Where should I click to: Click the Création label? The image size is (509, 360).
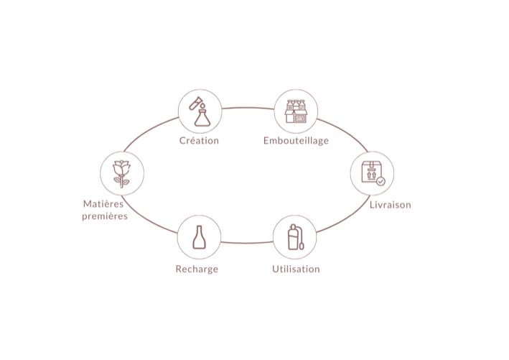click(199, 140)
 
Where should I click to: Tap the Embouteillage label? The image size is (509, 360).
click(296, 141)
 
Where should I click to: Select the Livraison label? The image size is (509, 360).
click(391, 205)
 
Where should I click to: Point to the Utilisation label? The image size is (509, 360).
click(296, 269)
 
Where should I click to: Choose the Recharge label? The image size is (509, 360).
click(197, 269)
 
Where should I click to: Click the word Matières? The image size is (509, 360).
click(103, 204)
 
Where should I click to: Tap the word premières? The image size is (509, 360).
click(105, 216)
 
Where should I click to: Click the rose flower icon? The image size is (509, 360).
click(122, 173)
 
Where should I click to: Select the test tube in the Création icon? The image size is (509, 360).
click(195, 103)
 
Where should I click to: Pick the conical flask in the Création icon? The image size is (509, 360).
click(202, 118)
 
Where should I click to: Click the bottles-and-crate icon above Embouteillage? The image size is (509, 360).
click(296, 111)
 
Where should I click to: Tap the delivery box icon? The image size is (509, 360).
click(373, 172)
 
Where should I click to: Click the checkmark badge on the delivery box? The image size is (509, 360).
click(380, 181)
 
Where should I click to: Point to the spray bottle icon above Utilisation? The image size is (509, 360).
click(296, 237)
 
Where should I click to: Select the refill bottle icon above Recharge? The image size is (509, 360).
click(200, 238)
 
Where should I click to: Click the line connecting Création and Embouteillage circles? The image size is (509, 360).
click(248, 108)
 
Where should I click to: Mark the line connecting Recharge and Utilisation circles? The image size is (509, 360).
click(247, 243)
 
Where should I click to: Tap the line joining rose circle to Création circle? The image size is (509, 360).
click(149, 131)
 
